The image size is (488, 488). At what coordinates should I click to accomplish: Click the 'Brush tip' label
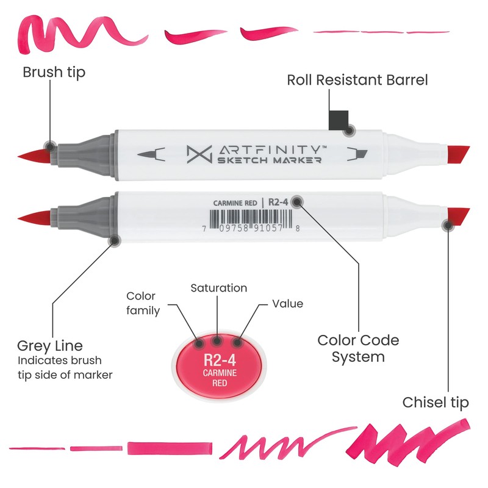tap(54, 73)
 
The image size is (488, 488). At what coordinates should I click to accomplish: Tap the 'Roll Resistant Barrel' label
tap(357, 80)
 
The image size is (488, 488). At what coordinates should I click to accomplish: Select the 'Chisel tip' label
tap(436, 403)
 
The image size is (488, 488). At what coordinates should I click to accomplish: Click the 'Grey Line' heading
tap(50, 346)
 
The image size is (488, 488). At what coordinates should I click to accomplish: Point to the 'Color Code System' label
tap(358, 348)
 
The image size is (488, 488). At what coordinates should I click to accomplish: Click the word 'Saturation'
tap(219, 288)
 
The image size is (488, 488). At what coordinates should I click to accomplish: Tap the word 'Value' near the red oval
tap(287, 304)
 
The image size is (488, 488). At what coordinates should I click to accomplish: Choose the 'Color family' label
tap(143, 303)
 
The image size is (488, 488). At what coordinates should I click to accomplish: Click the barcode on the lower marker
tap(251, 219)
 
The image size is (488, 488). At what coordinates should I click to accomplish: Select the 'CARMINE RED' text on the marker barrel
tap(235, 203)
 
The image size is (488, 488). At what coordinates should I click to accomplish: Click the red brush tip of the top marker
tap(34, 156)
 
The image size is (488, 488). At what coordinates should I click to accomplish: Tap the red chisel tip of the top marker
tap(459, 155)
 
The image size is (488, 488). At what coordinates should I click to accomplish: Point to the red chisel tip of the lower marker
tap(459, 217)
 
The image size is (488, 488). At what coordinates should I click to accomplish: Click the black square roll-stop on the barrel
tap(339, 120)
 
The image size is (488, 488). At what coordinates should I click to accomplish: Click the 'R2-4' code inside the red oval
tap(220, 360)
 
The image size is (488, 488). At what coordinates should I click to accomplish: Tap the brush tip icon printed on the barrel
tap(151, 154)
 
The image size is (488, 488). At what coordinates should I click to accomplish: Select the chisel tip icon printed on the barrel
tap(357, 154)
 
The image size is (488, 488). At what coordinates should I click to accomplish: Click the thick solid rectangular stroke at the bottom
tap(170, 448)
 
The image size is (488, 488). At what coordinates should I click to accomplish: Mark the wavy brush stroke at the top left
tap(82, 34)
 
